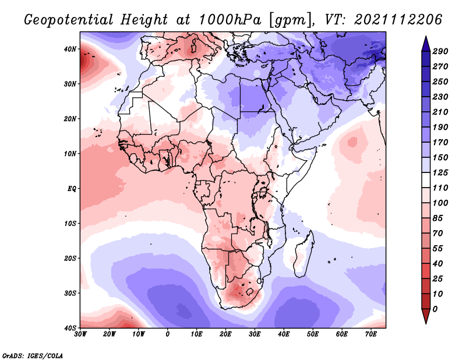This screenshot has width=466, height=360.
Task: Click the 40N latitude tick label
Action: (x=69, y=49)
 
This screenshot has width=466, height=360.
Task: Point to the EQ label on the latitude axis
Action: (x=70, y=189)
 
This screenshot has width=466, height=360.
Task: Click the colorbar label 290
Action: (x=440, y=52)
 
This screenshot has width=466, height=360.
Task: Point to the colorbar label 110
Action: (x=440, y=188)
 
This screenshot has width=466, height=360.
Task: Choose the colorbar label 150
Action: (x=440, y=158)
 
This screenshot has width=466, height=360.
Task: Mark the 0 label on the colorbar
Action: (x=435, y=309)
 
